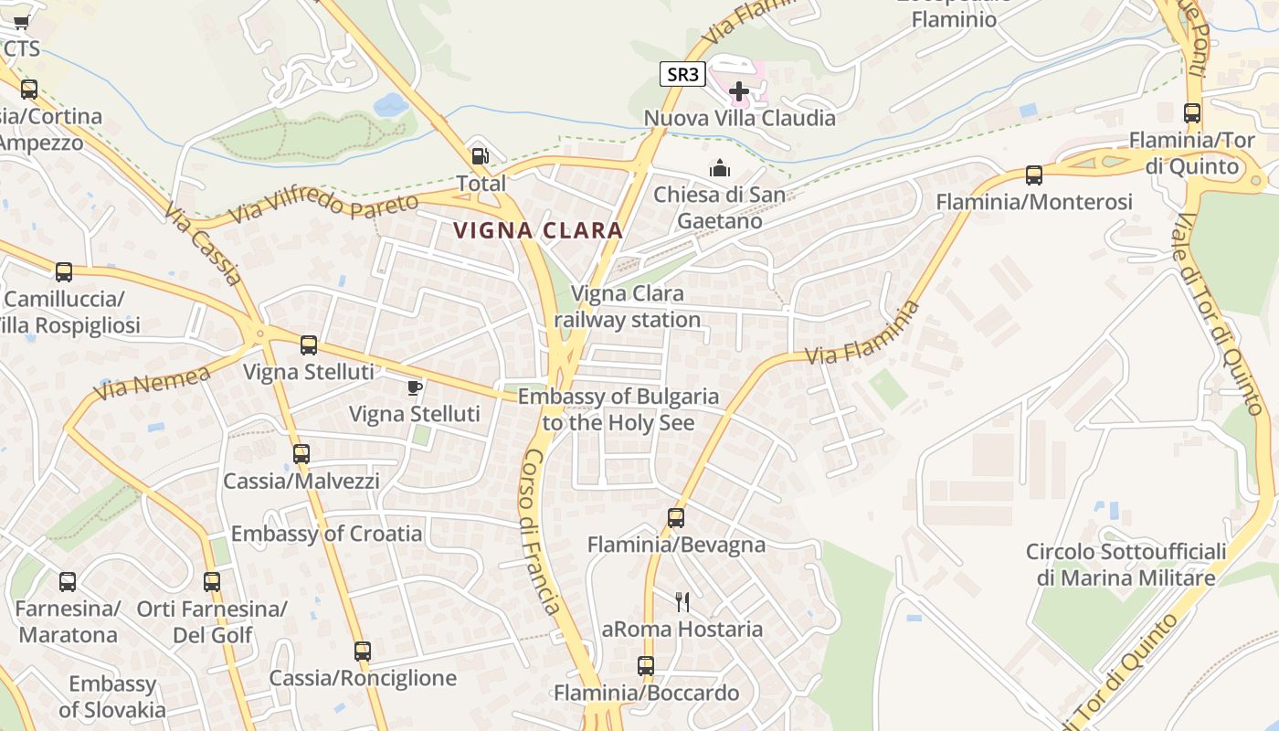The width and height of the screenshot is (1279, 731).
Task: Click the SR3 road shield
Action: tap(682, 75)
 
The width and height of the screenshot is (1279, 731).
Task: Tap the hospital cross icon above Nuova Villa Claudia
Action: tap(739, 91)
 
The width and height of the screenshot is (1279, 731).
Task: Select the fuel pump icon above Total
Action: tap(480, 157)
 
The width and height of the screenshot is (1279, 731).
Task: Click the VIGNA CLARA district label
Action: tap(539, 231)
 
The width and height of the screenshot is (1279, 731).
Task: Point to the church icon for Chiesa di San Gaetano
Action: tap(720, 168)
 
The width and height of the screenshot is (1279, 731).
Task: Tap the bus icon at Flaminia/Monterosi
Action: tap(1033, 175)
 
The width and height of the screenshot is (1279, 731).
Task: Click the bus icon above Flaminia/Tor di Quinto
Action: tap(1192, 113)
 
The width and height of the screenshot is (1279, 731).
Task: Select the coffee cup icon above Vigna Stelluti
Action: tap(415, 388)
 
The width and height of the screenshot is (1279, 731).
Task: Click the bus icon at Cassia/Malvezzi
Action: tap(301, 454)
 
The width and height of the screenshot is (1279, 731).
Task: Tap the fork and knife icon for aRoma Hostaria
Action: tap(682, 601)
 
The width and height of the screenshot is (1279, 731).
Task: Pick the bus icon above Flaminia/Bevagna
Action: tap(675, 518)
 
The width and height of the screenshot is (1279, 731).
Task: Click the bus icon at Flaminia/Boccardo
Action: tap(646, 666)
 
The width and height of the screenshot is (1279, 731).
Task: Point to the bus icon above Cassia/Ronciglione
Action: tap(363, 652)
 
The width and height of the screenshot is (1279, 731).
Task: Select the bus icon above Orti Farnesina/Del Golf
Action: tap(212, 582)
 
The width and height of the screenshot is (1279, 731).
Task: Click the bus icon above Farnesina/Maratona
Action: tap(68, 582)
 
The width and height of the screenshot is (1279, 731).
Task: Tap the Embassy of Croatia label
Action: tap(326, 534)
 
